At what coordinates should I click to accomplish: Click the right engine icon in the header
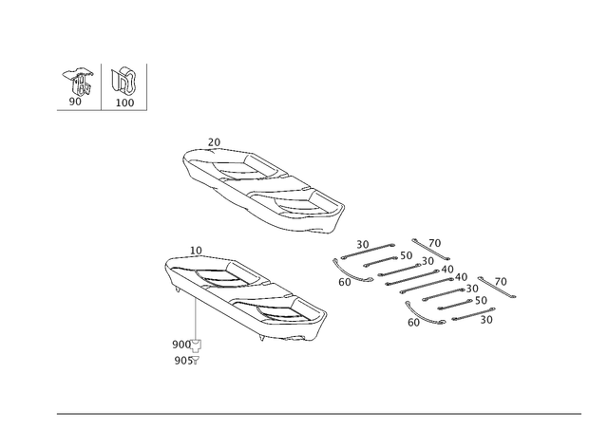click(x=123, y=79)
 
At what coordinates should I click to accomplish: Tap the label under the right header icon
click(x=124, y=101)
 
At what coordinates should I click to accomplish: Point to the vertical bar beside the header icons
click(x=144, y=84)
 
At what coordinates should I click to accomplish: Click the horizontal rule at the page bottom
click(x=318, y=415)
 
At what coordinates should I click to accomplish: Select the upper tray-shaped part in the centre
click(x=263, y=189)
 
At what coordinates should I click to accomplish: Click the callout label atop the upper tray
click(x=214, y=141)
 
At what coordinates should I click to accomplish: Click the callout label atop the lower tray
click(x=197, y=250)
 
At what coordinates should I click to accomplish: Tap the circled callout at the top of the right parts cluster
click(x=435, y=243)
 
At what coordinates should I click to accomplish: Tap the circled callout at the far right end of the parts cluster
click(x=502, y=281)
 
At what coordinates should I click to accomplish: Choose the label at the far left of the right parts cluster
click(x=344, y=281)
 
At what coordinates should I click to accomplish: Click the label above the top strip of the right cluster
click(x=362, y=243)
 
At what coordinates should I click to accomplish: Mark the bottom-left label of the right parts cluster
click(x=414, y=322)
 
